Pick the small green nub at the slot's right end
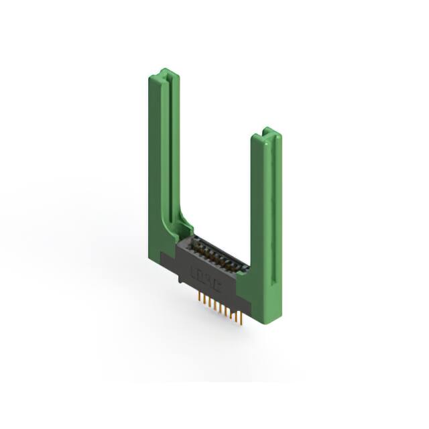245,269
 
